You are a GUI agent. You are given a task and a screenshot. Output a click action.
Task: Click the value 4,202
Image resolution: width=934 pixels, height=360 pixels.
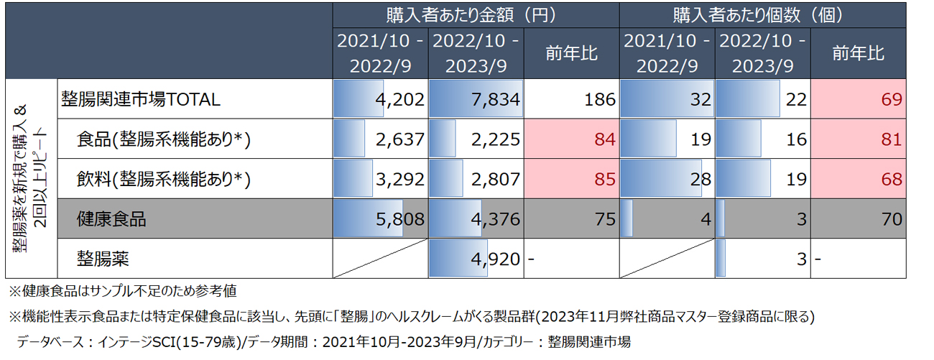[x=398, y=99]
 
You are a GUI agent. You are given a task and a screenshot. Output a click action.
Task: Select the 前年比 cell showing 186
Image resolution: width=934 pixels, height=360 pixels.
[x=601, y=99]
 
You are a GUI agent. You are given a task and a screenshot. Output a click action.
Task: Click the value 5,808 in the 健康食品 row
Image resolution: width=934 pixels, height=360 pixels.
[x=399, y=219]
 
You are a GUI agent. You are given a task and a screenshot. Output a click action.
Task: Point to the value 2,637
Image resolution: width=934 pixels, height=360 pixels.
[x=398, y=139]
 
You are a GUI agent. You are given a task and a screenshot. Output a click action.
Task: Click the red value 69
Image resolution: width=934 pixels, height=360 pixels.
[x=892, y=99]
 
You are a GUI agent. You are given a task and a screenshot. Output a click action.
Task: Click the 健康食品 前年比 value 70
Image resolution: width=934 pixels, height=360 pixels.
[x=892, y=219]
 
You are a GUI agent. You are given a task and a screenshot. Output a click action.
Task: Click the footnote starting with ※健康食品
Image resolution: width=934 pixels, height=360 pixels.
[x=122, y=292]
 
